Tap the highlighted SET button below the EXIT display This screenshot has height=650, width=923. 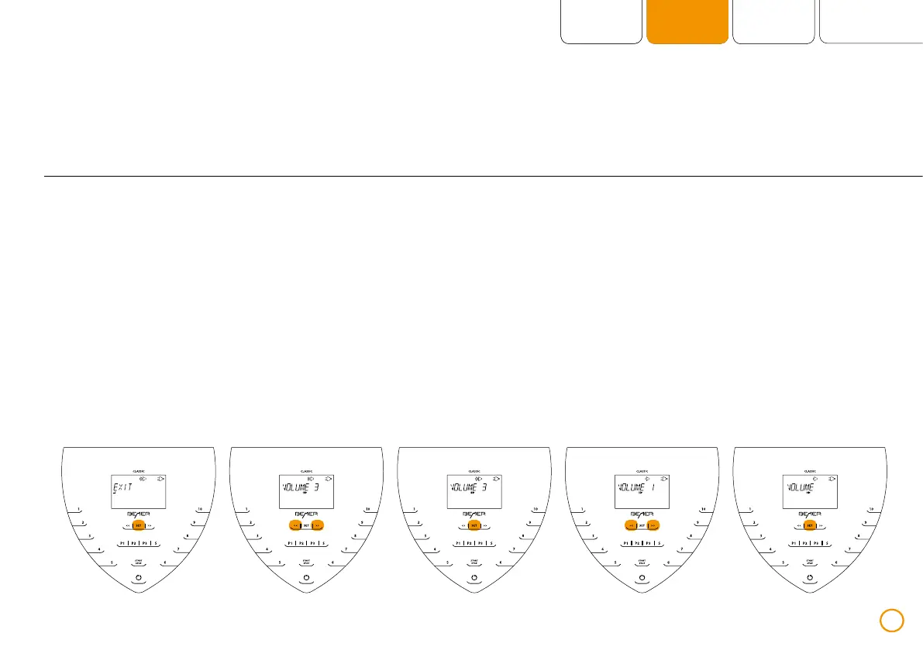point(139,525)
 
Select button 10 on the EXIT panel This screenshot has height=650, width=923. point(199,509)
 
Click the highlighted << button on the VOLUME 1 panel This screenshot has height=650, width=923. point(630,525)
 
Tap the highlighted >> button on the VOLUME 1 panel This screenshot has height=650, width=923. point(654,525)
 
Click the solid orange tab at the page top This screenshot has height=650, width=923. point(687,22)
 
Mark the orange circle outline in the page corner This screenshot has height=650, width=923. point(892,620)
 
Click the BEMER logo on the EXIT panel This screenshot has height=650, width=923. point(139,513)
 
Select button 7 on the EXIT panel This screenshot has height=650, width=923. point(177,550)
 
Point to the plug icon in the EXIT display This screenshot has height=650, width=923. point(160,479)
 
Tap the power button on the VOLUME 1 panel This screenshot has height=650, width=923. point(642,578)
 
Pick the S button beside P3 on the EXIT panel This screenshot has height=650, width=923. point(156,543)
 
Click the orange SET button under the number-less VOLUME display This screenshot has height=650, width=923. point(810,525)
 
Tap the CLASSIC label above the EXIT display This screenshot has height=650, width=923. point(139,470)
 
